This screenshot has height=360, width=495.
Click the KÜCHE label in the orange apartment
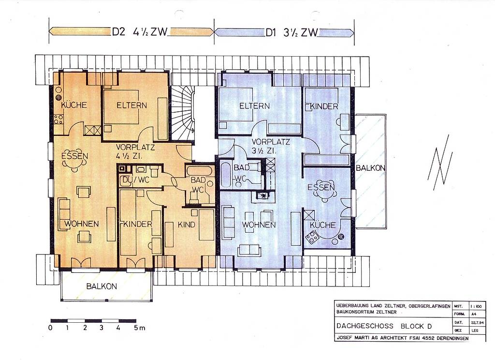(74, 105)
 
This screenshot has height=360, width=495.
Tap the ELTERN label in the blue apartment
(254, 106)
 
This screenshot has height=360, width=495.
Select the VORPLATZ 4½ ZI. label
(135, 151)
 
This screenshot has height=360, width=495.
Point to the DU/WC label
(136, 180)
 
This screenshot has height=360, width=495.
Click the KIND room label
(186, 225)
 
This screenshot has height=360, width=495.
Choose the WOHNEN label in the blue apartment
(259, 225)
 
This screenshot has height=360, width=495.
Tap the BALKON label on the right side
(370, 168)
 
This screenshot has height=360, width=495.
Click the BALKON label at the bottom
(102, 286)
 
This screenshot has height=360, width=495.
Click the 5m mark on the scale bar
(139, 328)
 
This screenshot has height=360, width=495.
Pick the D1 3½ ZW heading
(291, 32)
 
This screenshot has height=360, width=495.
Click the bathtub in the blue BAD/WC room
(225, 175)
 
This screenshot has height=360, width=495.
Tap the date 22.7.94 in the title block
(476, 322)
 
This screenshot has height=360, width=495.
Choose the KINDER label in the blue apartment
(324, 106)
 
